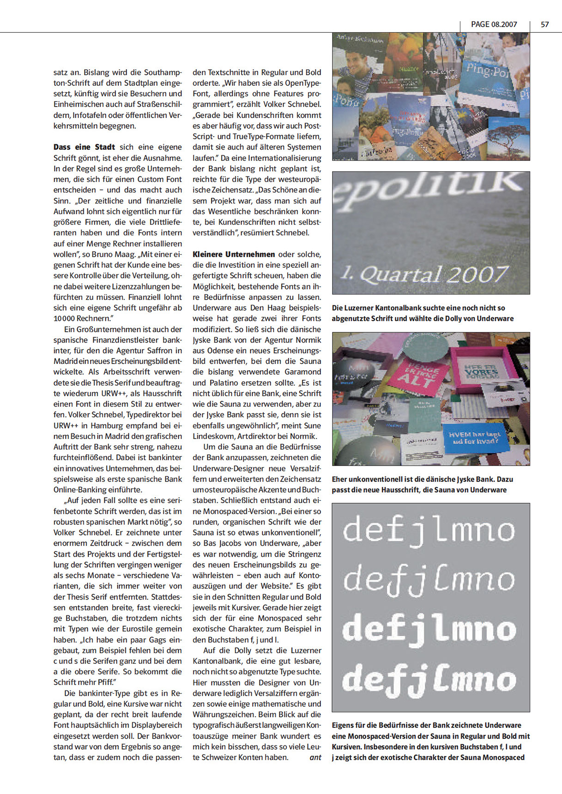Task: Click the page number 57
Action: [544, 24]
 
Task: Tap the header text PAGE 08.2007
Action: [494, 24]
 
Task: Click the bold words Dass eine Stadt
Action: [84, 147]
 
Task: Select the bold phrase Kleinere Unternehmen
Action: [234, 254]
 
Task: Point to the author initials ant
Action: [315, 758]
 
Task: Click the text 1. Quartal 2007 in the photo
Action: [423, 275]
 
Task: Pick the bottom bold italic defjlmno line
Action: [429, 680]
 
